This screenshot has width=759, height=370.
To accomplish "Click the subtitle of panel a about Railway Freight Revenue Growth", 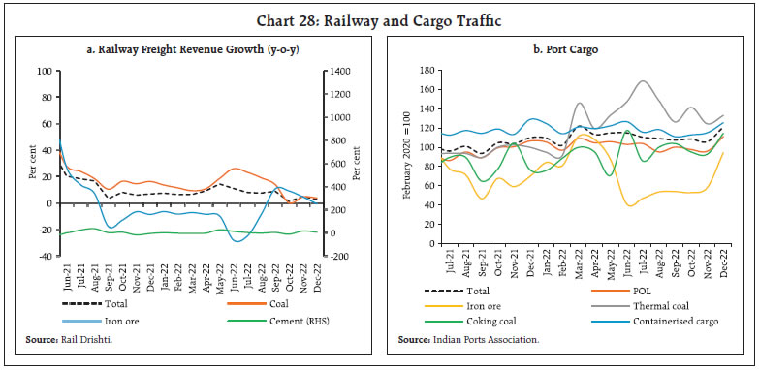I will (x=191, y=50).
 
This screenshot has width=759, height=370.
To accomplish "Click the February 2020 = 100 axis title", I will (x=408, y=163).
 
